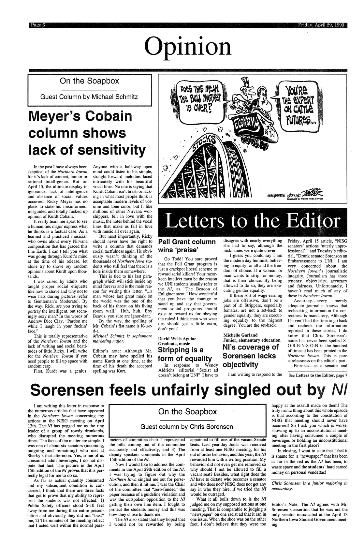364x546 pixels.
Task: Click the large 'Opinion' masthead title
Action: coord(188,46)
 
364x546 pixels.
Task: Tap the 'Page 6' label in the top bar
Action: coord(36,26)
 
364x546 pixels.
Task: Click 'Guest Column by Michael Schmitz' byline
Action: coord(89,97)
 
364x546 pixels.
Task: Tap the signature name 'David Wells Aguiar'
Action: coord(177,338)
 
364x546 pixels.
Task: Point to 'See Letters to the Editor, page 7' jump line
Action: coord(318,376)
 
